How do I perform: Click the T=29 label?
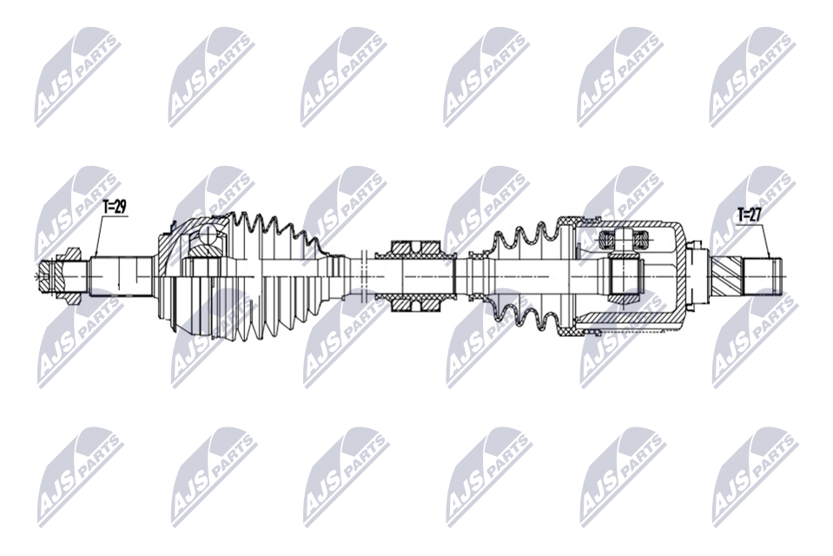tap(114, 207)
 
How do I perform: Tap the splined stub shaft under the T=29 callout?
tap(121, 276)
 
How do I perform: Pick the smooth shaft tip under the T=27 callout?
tap(763, 276)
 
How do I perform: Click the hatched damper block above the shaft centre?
tap(415, 248)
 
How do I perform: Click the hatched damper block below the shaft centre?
tap(415, 305)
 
